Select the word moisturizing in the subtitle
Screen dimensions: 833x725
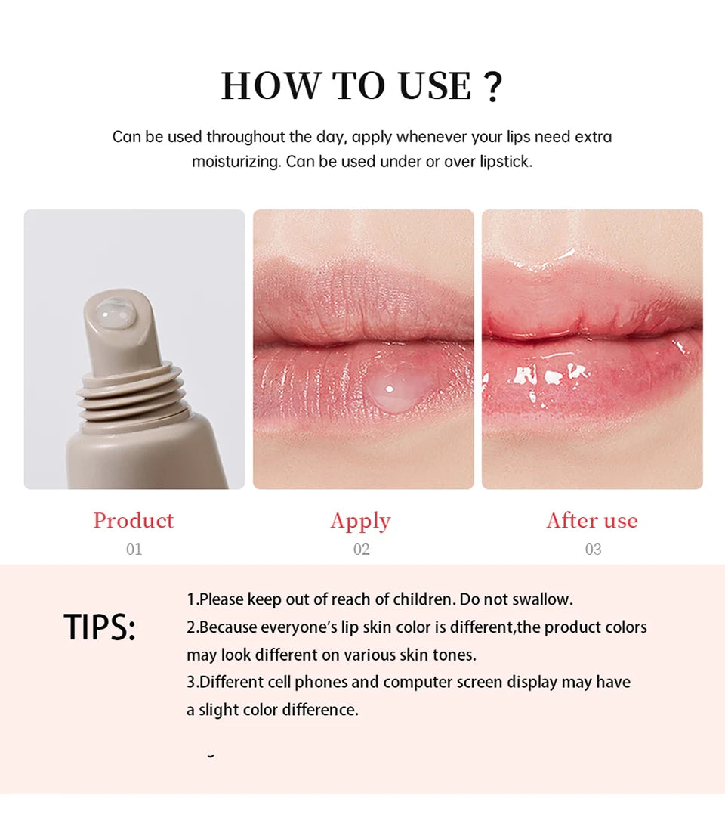[x=236, y=162]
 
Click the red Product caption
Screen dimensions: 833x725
[x=134, y=520]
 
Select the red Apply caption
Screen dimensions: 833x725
[x=360, y=521]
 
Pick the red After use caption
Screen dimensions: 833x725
[x=592, y=520]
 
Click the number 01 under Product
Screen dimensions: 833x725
[x=134, y=550]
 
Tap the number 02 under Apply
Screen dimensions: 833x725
[x=361, y=550]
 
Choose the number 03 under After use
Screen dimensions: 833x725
[x=593, y=550]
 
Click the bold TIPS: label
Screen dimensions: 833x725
[x=100, y=627]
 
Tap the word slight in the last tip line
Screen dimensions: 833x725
[x=220, y=710]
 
